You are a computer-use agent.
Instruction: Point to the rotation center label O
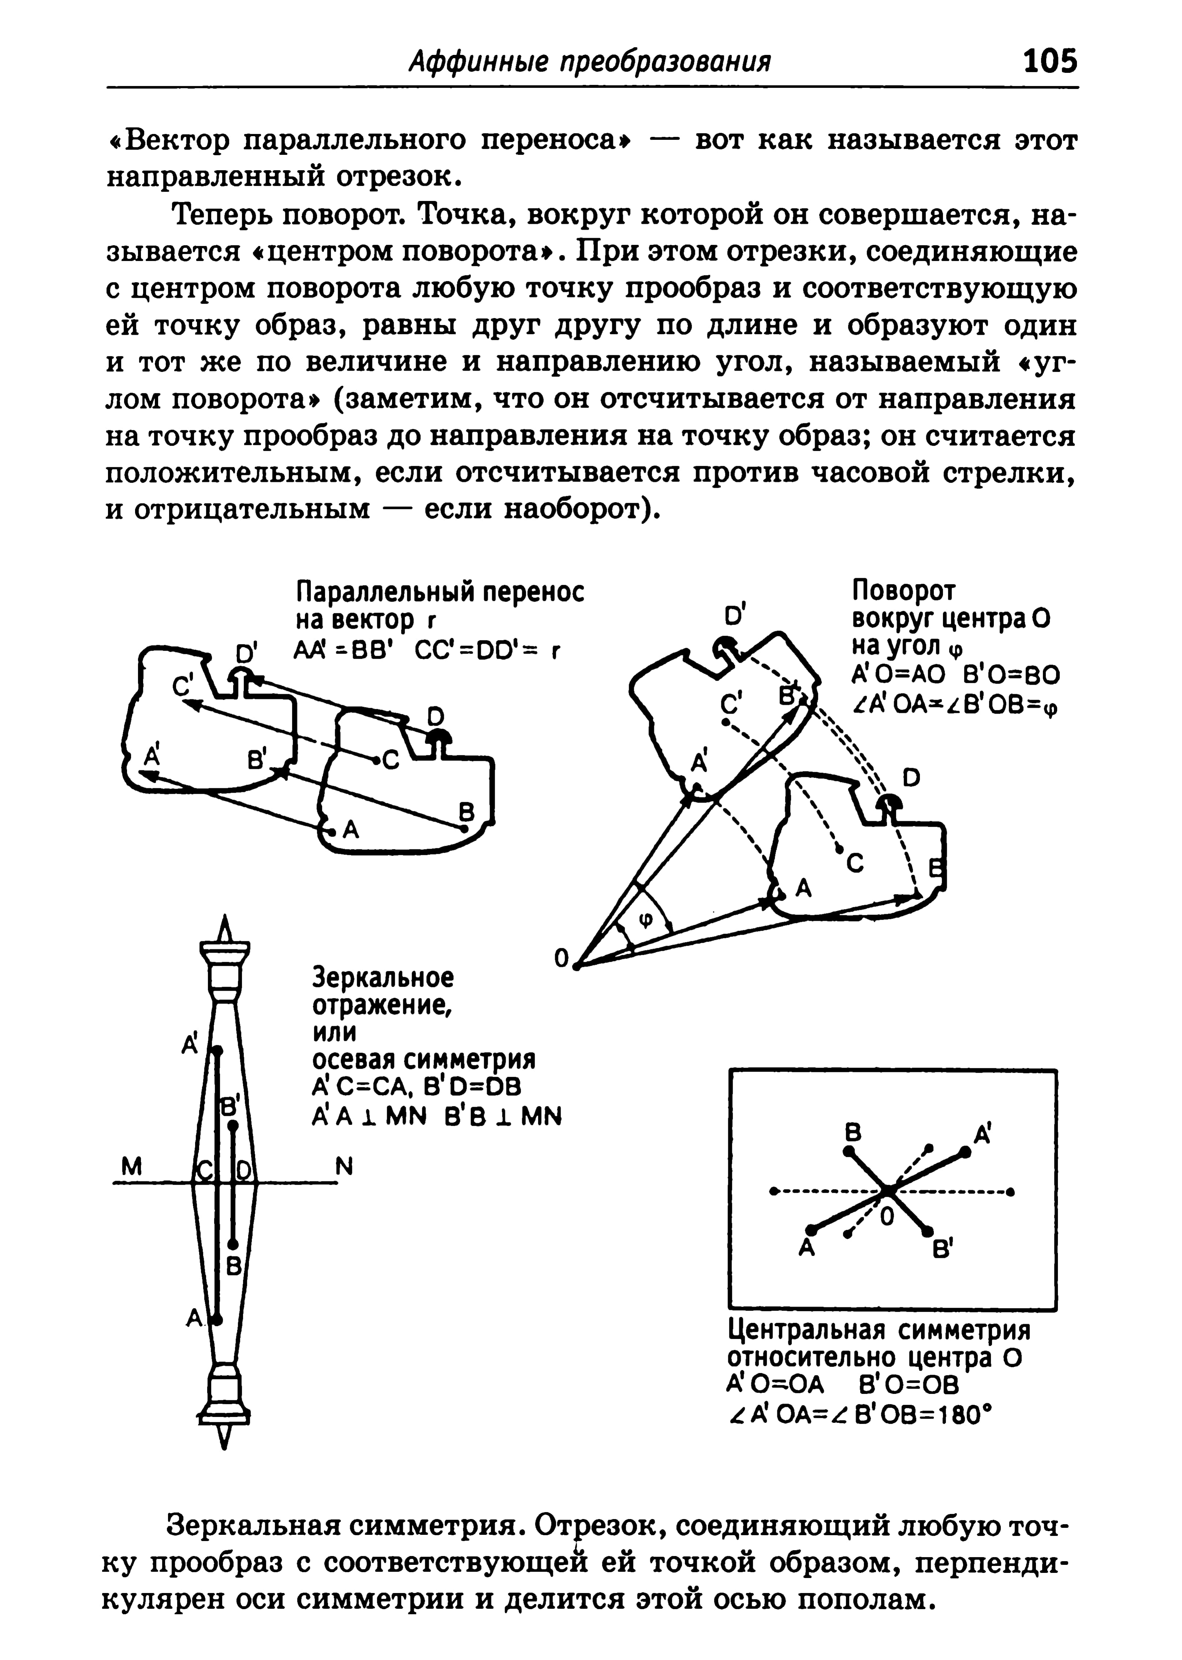pyautogui.click(x=560, y=959)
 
